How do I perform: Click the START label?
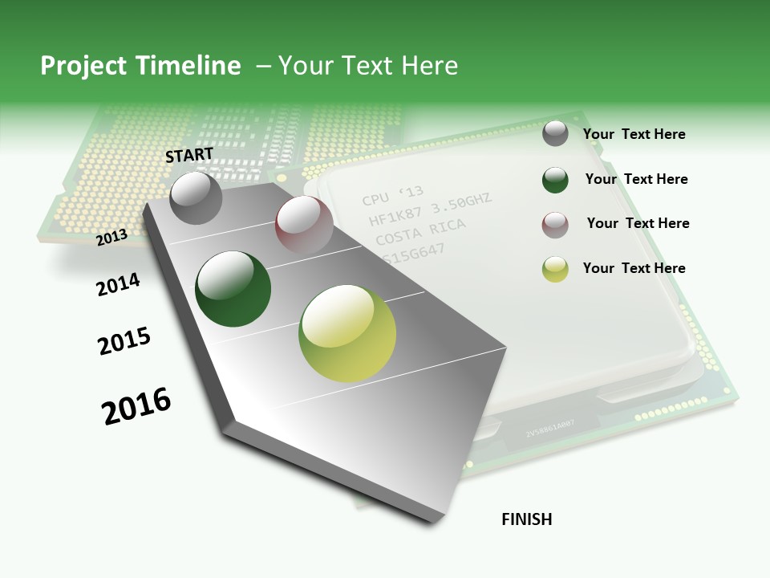coord(189,155)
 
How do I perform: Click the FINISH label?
coord(527,519)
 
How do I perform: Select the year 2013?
coord(112,237)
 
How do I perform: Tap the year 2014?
coord(118,284)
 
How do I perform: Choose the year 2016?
coord(136,405)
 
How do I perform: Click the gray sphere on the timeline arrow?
coord(197,198)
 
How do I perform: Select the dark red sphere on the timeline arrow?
coord(304,225)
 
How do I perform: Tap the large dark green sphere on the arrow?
coord(233,289)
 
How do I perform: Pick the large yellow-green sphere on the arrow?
coord(347,333)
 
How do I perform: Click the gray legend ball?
coord(555,133)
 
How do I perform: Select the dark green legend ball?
coord(555,180)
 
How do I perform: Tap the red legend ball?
coord(555,225)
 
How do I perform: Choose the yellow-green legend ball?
coord(555,269)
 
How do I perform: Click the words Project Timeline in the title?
coord(140,66)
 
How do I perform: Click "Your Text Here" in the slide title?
coord(367,66)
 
